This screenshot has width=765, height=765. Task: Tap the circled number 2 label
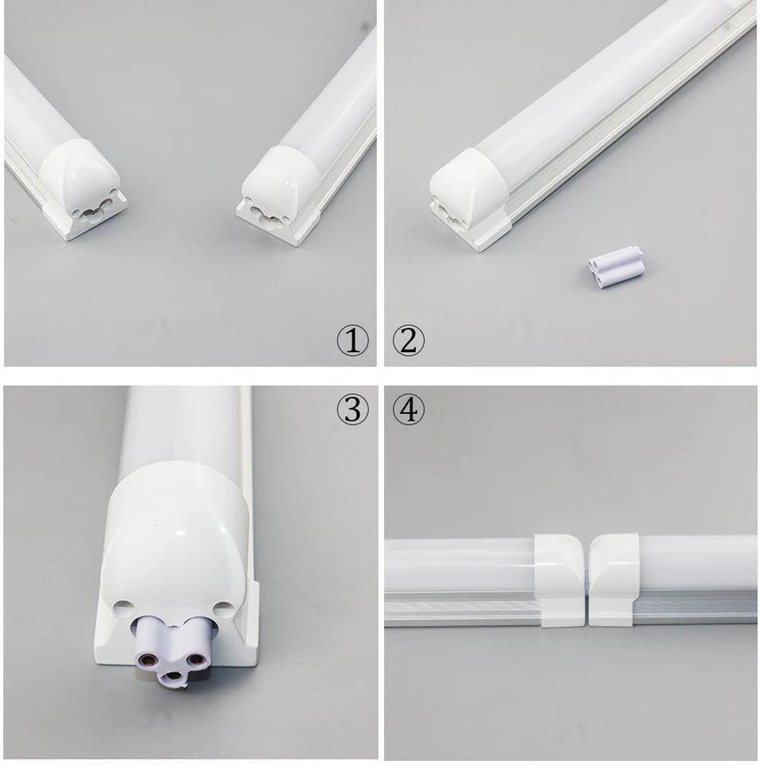click(x=409, y=341)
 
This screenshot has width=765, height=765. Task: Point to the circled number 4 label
click(x=409, y=410)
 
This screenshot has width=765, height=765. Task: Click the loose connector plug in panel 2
click(x=613, y=265)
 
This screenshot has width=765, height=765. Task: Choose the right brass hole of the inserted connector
click(x=196, y=657)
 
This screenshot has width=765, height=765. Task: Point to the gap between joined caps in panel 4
click(x=586, y=582)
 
